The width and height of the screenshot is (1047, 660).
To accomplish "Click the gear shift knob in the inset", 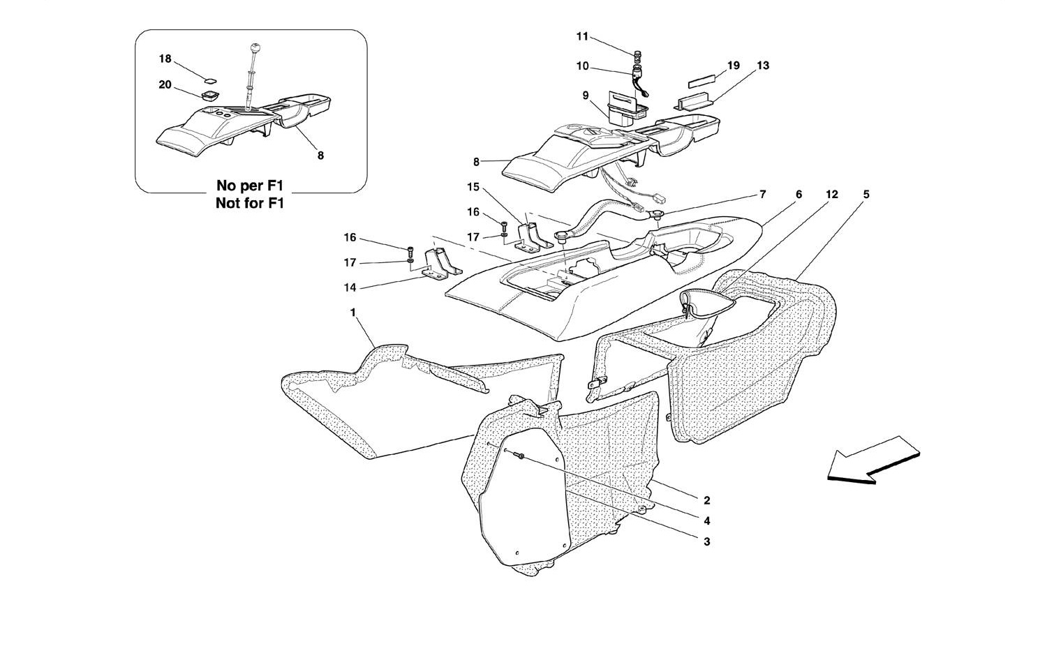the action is point(255,48).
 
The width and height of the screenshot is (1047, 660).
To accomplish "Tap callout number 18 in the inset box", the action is point(165,59).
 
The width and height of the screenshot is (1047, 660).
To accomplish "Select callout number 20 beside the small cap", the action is point(165,85).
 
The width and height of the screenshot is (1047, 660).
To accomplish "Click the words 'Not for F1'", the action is point(250,203).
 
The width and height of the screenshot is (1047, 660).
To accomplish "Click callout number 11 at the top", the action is point(582,36).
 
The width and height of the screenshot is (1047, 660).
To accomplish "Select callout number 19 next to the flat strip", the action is point(734,66).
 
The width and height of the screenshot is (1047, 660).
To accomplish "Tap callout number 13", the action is point(763,66).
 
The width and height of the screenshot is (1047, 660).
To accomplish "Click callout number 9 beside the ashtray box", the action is point(585,96).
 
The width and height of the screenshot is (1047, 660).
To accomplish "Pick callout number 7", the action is point(763,195).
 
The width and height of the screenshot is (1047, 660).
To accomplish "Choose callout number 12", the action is point(831,195).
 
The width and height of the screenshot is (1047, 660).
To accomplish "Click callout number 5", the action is point(866,195).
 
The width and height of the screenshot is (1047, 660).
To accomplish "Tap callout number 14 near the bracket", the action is point(350,287).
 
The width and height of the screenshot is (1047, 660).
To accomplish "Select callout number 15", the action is point(473,187).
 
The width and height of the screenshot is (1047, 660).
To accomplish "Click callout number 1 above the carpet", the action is point(353,312).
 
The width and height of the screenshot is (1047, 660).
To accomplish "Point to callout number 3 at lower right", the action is point(706,541).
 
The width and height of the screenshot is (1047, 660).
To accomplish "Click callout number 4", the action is point(706,520).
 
